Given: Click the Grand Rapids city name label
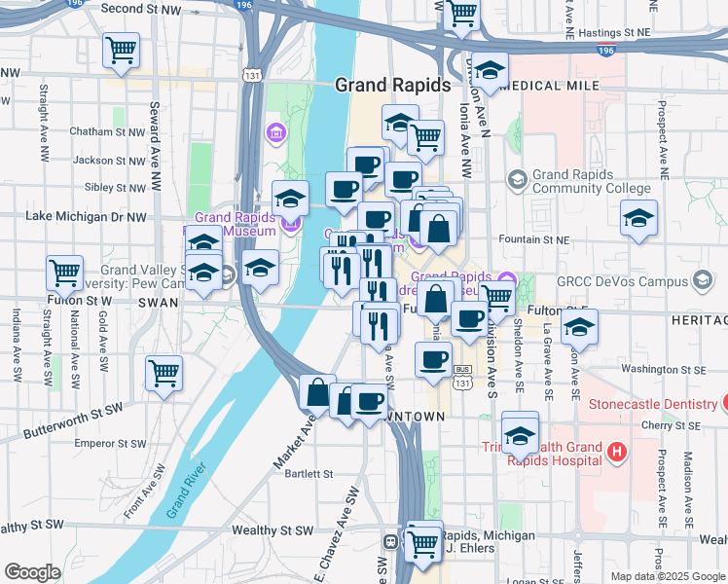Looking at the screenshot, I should [x=392, y=85].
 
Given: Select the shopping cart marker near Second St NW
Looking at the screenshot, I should [x=121, y=50].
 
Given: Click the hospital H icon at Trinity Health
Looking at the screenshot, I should [x=615, y=452].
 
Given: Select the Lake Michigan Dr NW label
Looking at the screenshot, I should [x=86, y=216].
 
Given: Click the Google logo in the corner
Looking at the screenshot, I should [x=32, y=572].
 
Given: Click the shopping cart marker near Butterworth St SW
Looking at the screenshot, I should [x=164, y=372].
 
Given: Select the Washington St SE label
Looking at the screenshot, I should [x=664, y=370].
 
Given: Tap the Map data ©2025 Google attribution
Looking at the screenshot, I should [x=668, y=576].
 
